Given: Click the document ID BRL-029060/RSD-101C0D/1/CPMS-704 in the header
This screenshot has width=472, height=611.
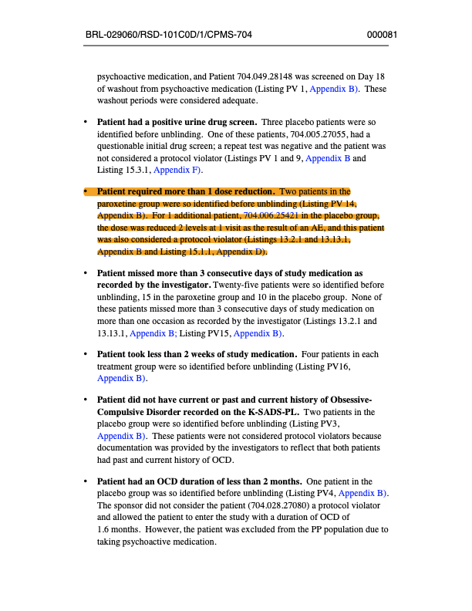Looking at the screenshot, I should (169, 35).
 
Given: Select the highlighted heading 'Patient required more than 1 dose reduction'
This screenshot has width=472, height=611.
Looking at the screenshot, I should (186, 191).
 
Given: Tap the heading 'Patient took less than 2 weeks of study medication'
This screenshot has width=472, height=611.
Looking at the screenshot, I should (197, 355).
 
